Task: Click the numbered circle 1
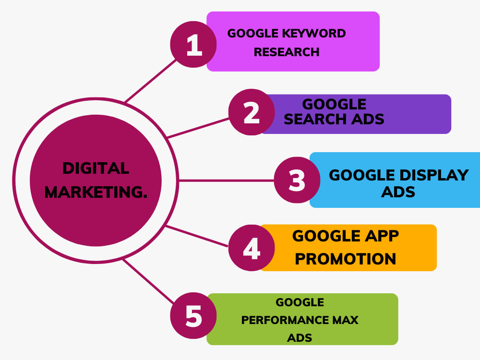coord(193,44)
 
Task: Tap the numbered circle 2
coord(252,112)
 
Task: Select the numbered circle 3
coord(297,180)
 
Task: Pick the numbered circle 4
coord(252,248)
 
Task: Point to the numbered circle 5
coord(193,316)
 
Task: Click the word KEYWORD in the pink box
coord(314,34)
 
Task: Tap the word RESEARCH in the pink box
coord(287,52)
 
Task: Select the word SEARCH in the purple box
coord(315,119)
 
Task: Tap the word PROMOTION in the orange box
coord(345,259)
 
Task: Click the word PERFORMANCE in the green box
coord(284,320)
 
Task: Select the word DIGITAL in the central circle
coord(96,168)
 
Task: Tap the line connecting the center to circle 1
coord(151,81)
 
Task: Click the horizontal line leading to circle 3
coord(226,180)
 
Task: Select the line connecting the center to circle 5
coord(148,281)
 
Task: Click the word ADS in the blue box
coord(398,192)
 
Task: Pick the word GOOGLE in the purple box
coord(334,104)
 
